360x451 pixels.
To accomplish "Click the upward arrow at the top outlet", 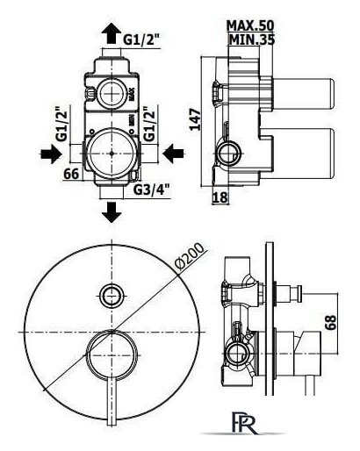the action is point(112,34).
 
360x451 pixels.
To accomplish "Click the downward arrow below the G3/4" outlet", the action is point(112,212).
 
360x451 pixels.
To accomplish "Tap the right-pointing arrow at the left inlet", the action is point(51,154).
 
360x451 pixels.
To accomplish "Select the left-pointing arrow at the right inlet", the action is point(173,154).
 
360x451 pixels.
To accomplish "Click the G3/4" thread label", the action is point(152,190).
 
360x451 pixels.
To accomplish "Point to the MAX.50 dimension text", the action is point(250,25).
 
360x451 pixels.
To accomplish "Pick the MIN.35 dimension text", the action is point(251,39).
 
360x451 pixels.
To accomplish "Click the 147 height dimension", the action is point(195,119).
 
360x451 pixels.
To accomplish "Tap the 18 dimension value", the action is point(220,197).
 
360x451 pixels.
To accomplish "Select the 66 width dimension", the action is point(71,175).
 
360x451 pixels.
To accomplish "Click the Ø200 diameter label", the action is point(190,256).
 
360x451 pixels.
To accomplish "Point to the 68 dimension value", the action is point(331,322).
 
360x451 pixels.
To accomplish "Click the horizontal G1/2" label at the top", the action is point(142,39).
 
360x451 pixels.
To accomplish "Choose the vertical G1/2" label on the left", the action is point(62,123).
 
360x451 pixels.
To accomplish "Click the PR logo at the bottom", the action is point(245,422).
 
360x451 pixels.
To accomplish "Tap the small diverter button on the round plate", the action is point(111,296).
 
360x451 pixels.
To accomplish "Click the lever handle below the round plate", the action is point(112,400).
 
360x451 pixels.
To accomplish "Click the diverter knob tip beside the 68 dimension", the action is point(299,293).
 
